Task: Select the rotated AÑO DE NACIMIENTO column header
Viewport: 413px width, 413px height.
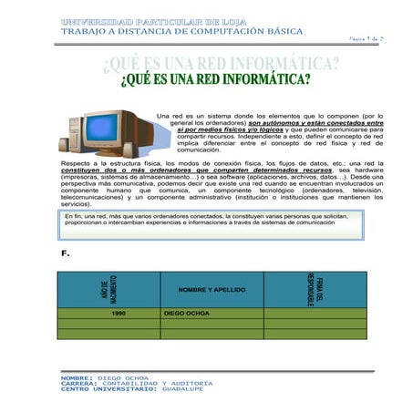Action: pyautogui.click(x=108, y=290)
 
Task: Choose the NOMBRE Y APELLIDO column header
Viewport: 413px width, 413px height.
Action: pyautogui.click(x=212, y=290)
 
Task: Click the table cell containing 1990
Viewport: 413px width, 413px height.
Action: pyautogui.click(x=119, y=313)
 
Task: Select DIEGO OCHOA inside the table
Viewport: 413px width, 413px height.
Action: pyautogui.click(x=188, y=313)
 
